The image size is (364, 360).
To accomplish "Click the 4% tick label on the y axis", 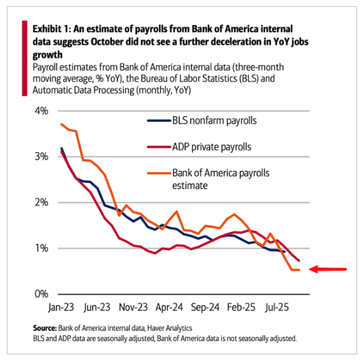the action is tap(41, 111).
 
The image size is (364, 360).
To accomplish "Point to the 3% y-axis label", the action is tap(41, 157).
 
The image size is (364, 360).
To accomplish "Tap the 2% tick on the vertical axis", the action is tap(41, 202).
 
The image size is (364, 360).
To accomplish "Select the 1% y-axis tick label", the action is tap(41, 248).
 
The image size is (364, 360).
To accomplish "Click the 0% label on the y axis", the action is tap(41, 294).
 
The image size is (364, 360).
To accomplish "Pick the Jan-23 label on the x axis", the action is tap(61, 307).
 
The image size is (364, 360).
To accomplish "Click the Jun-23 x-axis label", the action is tap(97, 307).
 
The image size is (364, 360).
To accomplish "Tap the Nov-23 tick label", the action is tap(133, 307).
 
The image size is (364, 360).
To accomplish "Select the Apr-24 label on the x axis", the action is tap(169, 307).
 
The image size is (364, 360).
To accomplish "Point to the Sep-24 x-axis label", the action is tap(205, 307).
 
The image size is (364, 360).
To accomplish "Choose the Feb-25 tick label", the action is tap(241, 307).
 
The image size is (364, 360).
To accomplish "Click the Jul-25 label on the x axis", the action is tap(277, 307).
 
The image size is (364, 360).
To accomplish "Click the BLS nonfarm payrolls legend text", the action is tap(214, 120).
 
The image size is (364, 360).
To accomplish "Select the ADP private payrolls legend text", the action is tap(211, 146).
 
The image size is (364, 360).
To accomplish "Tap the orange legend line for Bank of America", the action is tap(160, 173).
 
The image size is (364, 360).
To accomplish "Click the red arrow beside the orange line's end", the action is tap(327, 269).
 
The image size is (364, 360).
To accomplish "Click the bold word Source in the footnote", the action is tap(45, 328).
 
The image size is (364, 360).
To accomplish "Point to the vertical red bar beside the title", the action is tap(25, 58).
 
